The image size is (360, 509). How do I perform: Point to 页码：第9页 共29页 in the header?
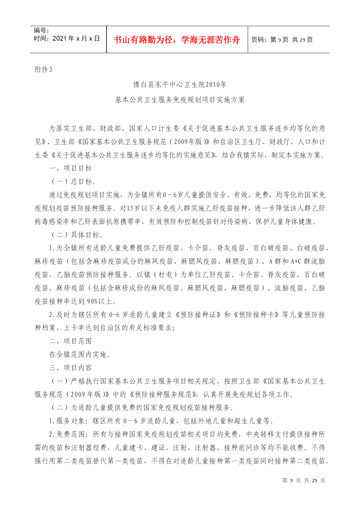(282, 40)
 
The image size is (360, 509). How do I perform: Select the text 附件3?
(44, 70)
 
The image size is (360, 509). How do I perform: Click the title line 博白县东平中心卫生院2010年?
(180, 85)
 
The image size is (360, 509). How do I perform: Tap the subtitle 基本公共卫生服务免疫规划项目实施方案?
(180, 100)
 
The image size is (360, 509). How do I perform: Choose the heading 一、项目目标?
(70, 168)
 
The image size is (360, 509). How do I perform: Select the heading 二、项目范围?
(70, 341)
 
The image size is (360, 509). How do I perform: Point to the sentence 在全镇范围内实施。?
(80, 355)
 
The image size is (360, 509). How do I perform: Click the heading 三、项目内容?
(70, 368)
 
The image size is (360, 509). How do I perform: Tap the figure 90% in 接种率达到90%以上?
(92, 302)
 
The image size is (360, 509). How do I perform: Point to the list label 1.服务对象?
(68, 421)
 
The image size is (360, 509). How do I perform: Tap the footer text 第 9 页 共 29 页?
(303, 481)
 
